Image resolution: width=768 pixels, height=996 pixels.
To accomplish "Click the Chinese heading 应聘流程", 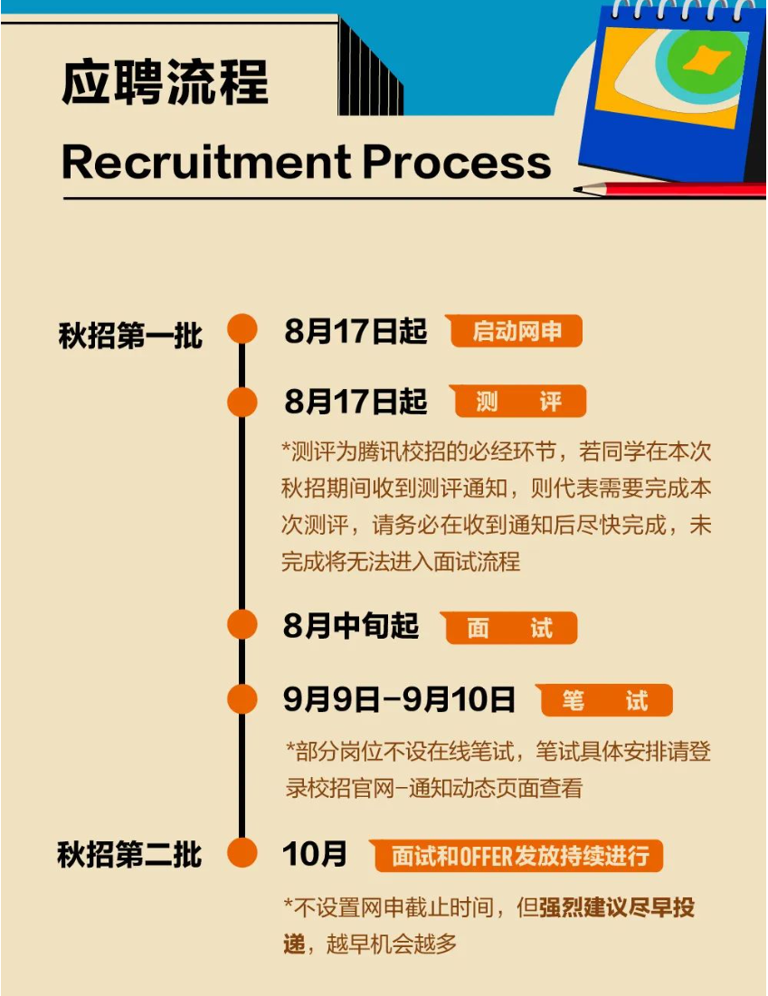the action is pos(166,82).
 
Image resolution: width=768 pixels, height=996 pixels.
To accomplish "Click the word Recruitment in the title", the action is pos(205,162).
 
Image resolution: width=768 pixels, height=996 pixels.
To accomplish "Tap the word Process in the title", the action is pos(458,162).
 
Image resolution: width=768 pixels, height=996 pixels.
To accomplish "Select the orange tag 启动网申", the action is pos(517,332).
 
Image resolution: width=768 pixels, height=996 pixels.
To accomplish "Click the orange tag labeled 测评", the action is pos(519,402).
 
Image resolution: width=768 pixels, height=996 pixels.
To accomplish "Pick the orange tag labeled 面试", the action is pos(510,628).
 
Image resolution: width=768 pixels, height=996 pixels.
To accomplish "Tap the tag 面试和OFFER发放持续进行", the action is pos(517,856).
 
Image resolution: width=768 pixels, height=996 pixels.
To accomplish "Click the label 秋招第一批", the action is pos(130,335).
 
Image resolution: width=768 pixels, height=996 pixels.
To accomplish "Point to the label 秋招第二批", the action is pos(129,855).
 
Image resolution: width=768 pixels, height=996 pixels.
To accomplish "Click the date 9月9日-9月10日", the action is pos(399,700).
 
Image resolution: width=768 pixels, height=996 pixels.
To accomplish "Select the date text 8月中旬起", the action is pos(351,626).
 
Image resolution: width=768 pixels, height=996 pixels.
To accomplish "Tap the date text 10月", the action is pos(315,854).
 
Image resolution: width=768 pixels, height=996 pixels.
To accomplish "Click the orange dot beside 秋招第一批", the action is pos(242,328).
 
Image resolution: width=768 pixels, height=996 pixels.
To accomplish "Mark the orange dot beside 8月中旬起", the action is pos(242,625).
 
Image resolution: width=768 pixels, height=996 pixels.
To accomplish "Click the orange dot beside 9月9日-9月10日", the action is pos(242,699).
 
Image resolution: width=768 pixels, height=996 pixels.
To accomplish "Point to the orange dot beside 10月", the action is pos(242,852).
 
